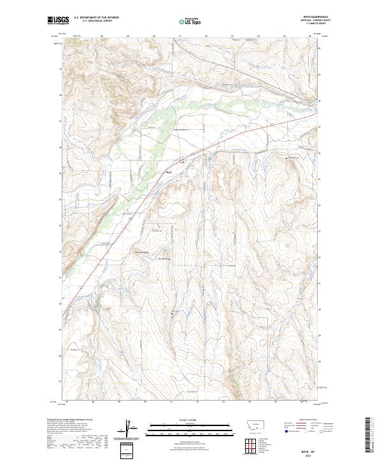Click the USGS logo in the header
click(x=58, y=21)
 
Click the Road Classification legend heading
click(x=309, y=420)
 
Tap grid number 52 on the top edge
click(x=207, y=36)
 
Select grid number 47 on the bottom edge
click(x=67, y=402)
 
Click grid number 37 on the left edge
click(x=61, y=121)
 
